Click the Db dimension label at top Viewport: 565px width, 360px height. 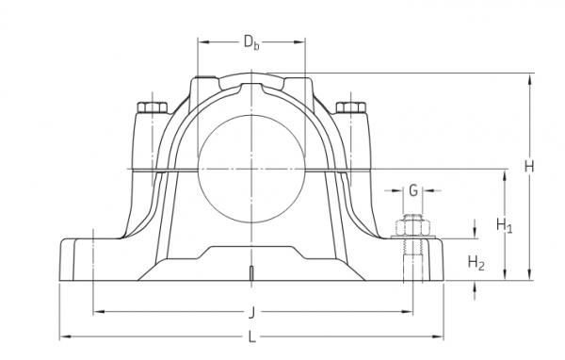(x=251, y=42)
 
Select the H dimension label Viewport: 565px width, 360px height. (x=528, y=167)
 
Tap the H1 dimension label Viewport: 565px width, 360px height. (x=504, y=225)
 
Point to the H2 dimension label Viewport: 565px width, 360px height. (x=476, y=262)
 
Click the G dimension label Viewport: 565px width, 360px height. (x=413, y=190)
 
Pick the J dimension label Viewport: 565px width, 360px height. (x=251, y=312)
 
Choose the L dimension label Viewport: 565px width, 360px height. (x=252, y=337)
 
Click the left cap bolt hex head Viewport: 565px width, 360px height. (x=153, y=107)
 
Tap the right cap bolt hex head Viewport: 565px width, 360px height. (x=351, y=107)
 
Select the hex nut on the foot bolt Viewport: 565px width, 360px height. (x=413, y=227)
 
